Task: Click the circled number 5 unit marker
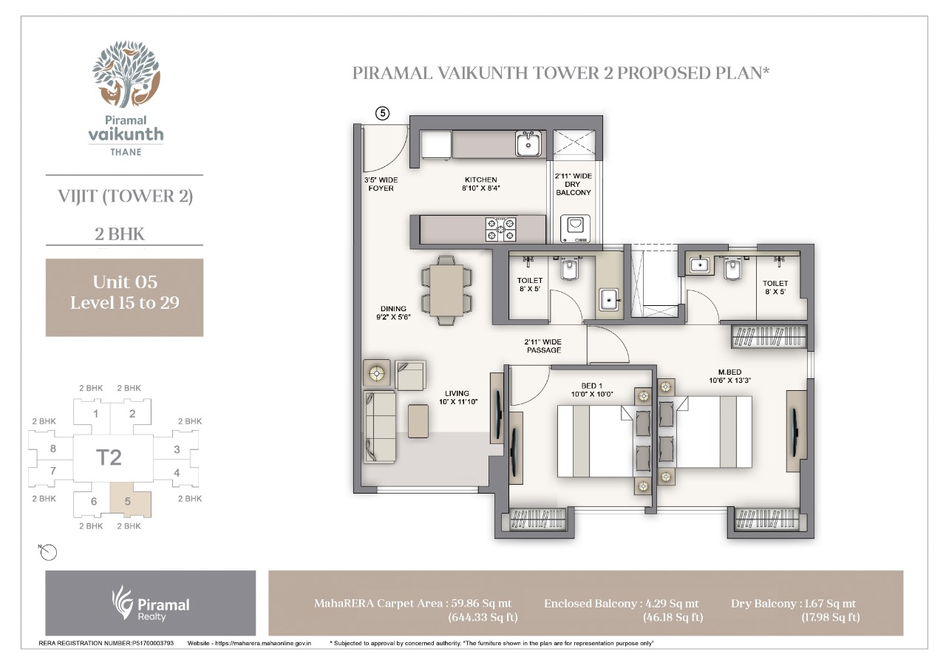pyautogui.click(x=383, y=113)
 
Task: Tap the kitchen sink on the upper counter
pyautogui.click(x=528, y=143)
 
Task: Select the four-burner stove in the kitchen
pyautogui.click(x=500, y=229)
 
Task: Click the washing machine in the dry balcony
pyautogui.click(x=575, y=229)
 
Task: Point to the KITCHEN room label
pyautogui.click(x=480, y=180)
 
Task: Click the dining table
pyautogui.click(x=446, y=290)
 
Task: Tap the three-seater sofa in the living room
pyautogui.click(x=380, y=427)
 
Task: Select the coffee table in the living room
pyautogui.click(x=418, y=420)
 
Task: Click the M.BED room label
pyautogui.click(x=729, y=372)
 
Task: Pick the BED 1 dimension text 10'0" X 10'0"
pyautogui.click(x=592, y=394)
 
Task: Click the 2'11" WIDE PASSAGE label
pyautogui.click(x=543, y=346)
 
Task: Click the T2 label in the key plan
pyautogui.click(x=109, y=457)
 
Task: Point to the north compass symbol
pyautogui.click(x=48, y=552)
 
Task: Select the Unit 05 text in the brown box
pyautogui.click(x=125, y=282)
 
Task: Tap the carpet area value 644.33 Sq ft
pyautogui.click(x=483, y=617)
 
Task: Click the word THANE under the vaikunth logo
pyautogui.click(x=126, y=152)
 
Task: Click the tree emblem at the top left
pyautogui.click(x=126, y=75)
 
